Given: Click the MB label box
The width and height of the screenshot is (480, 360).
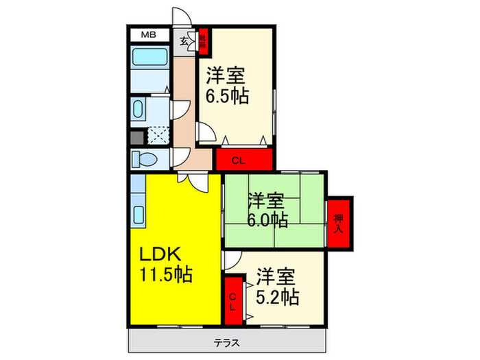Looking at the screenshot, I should tap(148, 34).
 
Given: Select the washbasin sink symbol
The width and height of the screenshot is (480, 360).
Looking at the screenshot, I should tap(139, 110).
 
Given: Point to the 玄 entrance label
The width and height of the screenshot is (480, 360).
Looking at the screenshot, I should tap(184, 41).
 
